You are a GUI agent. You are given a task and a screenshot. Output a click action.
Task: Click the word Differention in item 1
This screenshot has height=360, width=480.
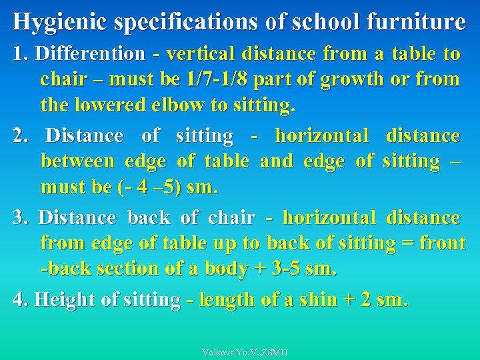coord(89,53)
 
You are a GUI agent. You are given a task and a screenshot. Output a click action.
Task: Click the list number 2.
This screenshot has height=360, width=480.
coord(19,136)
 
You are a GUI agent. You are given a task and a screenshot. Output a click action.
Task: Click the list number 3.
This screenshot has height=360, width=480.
coord(19,217)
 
